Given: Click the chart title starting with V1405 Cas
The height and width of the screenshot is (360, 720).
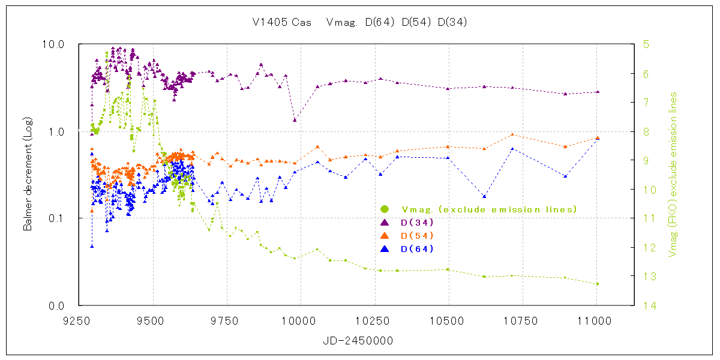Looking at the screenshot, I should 359,23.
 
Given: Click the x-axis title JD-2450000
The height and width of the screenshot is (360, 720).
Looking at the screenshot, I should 357,340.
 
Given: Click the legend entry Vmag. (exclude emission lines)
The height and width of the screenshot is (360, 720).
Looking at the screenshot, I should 489,209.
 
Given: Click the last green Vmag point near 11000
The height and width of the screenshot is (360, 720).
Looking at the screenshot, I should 598,284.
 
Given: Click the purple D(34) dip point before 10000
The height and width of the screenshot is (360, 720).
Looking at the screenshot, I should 295,120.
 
